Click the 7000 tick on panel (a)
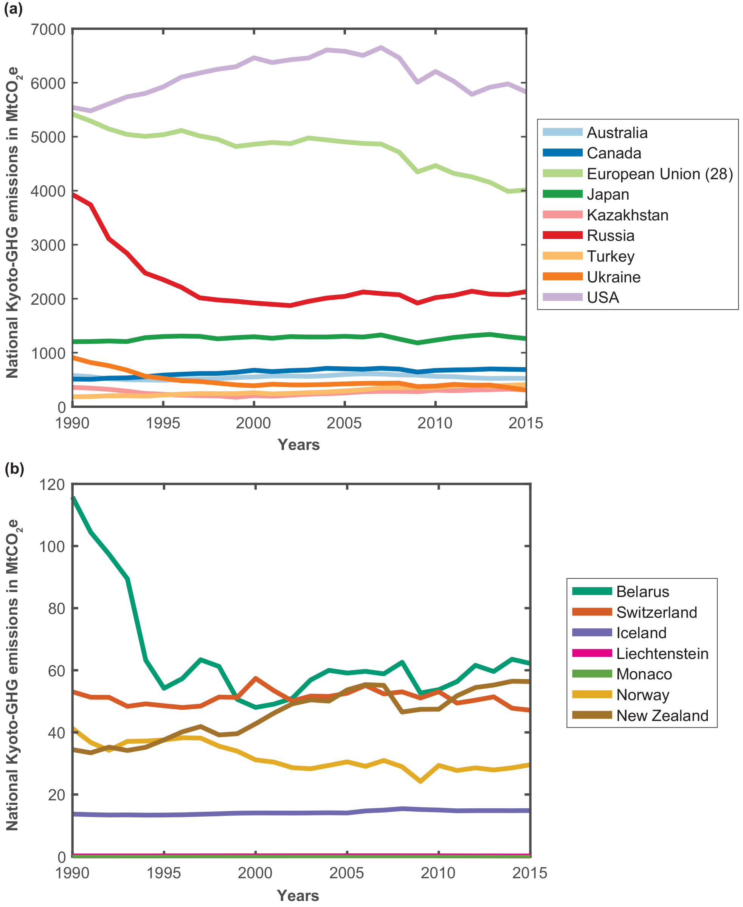[x=48, y=29]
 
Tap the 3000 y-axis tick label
[x=48, y=245]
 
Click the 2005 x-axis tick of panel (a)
[x=344, y=423]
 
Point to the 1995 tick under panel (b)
[x=164, y=872]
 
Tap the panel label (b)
[x=14, y=469]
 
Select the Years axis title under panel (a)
[x=299, y=445]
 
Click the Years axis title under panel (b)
[x=298, y=895]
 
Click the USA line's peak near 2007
[x=381, y=48]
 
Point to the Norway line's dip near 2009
[x=421, y=781]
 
